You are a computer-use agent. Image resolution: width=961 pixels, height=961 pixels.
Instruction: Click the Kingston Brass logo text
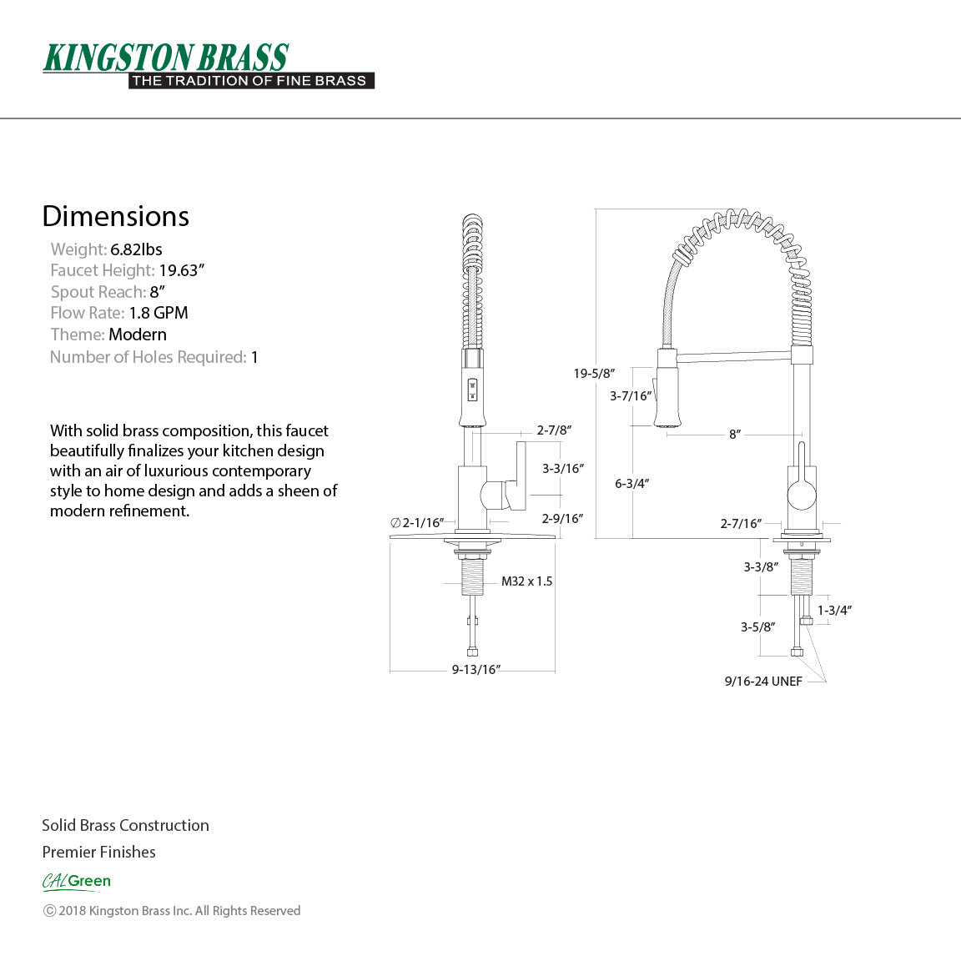click(165, 58)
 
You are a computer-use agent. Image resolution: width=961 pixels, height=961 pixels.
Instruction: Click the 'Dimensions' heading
click(116, 216)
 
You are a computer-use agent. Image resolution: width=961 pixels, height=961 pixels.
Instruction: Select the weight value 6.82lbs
click(136, 249)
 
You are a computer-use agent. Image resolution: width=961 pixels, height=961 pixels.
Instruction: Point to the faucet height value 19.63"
click(182, 270)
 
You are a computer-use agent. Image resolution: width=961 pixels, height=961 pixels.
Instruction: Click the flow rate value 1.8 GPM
click(158, 313)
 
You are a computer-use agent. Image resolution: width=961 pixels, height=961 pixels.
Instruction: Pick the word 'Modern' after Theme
click(138, 335)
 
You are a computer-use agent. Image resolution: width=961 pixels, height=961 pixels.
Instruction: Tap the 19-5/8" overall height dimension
click(594, 373)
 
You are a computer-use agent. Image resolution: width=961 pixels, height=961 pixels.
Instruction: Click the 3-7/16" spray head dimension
click(630, 395)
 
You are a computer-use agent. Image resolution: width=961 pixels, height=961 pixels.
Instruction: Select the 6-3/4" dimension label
click(631, 483)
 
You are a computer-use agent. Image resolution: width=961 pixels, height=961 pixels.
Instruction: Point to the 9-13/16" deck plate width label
click(475, 669)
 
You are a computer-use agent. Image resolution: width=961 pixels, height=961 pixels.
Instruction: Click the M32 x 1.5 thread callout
click(526, 581)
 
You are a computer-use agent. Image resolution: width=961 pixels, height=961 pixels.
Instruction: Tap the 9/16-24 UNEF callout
click(763, 682)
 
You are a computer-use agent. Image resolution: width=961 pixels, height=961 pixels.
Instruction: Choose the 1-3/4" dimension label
click(834, 610)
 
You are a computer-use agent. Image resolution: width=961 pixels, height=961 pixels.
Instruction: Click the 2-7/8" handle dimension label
click(553, 430)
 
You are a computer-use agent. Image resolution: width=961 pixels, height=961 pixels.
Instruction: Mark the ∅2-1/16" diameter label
click(417, 523)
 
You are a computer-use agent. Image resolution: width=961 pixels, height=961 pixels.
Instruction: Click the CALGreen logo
click(77, 881)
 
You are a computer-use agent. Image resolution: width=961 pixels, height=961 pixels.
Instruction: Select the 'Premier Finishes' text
click(98, 852)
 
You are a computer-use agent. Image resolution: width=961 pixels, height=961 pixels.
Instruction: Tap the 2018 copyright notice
click(172, 911)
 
